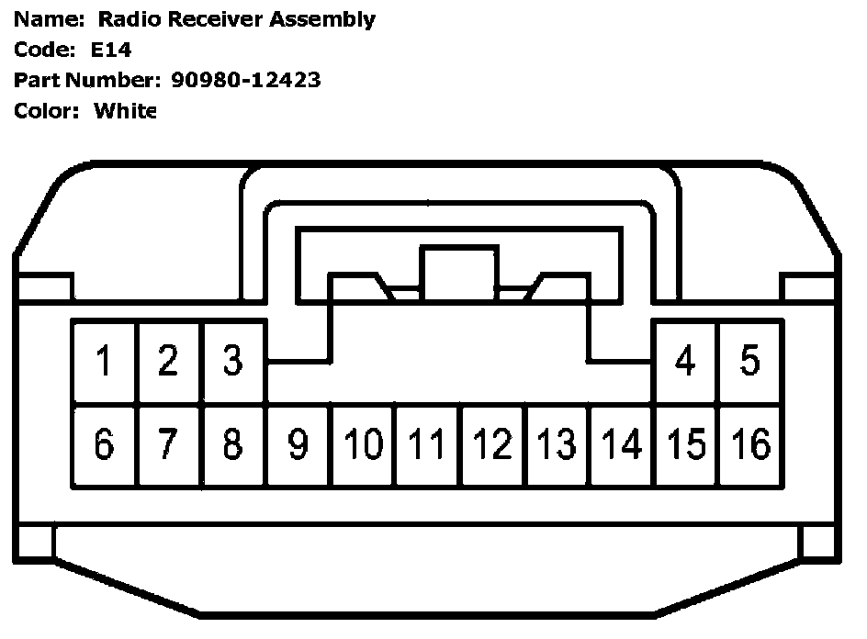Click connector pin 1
click(x=104, y=362)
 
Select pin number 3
click(x=233, y=362)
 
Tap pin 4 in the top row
click(x=685, y=362)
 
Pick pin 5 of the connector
click(x=750, y=362)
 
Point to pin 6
click(x=104, y=444)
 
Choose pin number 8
click(x=233, y=444)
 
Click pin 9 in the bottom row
click(x=298, y=444)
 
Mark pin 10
click(x=364, y=444)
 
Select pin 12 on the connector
click(x=494, y=444)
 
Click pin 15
click(x=686, y=444)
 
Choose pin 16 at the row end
click(x=751, y=444)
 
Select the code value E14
click(x=111, y=50)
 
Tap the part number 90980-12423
click(x=246, y=80)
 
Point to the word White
click(x=126, y=111)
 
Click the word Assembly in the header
click(x=324, y=19)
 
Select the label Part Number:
click(x=87, y=80)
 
